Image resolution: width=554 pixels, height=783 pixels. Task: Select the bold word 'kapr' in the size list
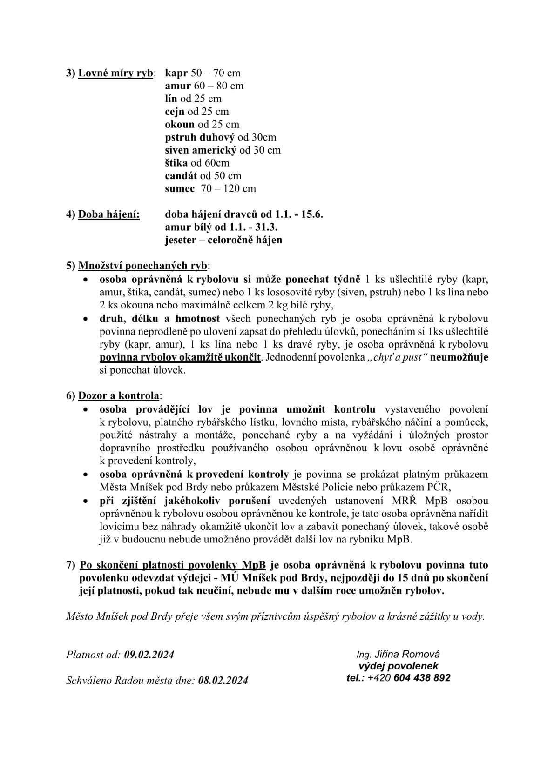click(x=176, y=73)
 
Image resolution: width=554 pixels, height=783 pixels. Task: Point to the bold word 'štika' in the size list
click(x=176, y=163)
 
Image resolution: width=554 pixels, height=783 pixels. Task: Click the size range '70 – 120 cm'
click(x=228, y=188)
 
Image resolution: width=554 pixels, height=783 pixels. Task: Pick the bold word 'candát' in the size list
click(x=181, y=176)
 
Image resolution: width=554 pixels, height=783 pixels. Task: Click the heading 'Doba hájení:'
click(x=109, y=214)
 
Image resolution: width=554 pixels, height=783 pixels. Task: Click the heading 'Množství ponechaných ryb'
click(x=143, y=266)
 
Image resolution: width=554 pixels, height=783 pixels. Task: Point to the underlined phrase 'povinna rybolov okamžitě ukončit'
click(x=180, y=358)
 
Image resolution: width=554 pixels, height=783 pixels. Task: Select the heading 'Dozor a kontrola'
click(x=119, y=396)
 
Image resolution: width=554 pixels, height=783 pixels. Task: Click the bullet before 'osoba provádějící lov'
click(x=85, y=410)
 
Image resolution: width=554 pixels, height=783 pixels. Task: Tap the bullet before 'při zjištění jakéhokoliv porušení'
click(x=85, y=501)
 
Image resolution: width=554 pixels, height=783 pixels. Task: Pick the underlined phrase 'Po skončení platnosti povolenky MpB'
click(x=173, y=565)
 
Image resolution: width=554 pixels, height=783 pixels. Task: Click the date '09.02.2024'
click(x=149, y=655)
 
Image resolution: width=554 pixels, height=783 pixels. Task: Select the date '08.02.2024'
click(x=223, y=680)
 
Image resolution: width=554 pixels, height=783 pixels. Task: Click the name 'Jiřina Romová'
click(x=407, y=654)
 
